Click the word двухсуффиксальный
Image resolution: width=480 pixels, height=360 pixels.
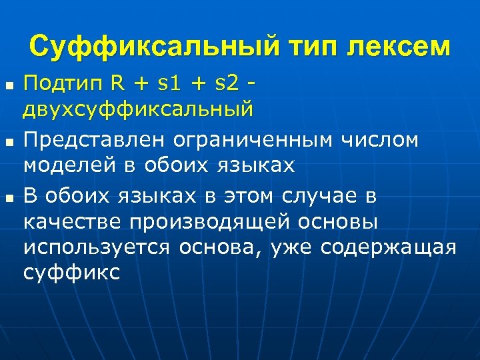139,109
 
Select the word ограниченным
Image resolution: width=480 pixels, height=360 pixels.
253,141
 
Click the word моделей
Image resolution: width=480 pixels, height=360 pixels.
70,165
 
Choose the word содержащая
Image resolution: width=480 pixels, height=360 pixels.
388,247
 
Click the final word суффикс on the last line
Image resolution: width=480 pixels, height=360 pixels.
71,271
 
